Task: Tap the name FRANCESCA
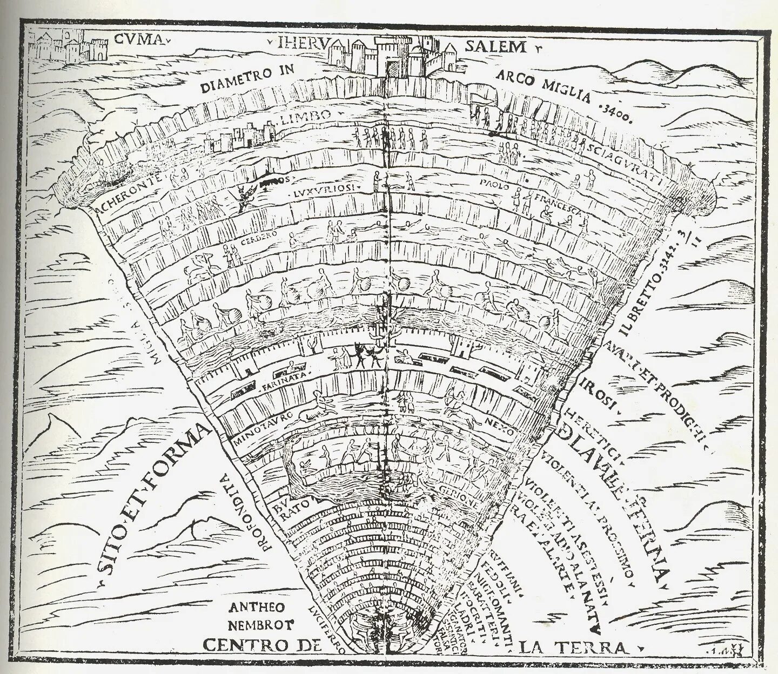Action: point(556,202)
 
